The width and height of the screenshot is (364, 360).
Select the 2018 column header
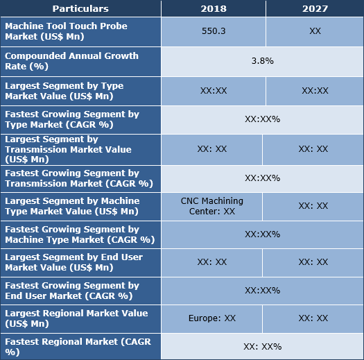point(213,9)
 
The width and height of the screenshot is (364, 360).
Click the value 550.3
point(213,32)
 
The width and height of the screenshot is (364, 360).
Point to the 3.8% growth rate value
point(262,61)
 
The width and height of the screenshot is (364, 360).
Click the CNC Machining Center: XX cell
point(212,206)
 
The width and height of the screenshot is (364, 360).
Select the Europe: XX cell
point(212,318)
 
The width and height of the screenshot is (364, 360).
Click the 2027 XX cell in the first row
point(315,32)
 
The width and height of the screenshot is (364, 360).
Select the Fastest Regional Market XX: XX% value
point(262,346)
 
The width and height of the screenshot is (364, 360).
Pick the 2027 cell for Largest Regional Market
point(313,318)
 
